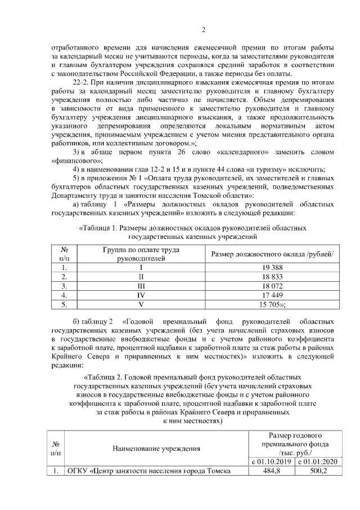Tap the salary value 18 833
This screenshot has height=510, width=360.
[x=273, y=277]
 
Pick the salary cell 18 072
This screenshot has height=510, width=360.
[x=273, y=286]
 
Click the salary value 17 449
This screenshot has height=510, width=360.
[x=273, y=295]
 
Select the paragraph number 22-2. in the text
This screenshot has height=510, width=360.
[x=84, y=82]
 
